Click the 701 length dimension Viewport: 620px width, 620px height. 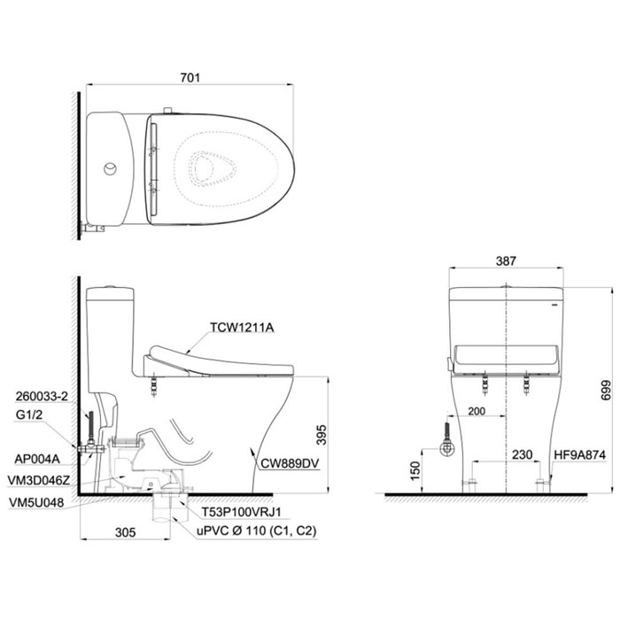(190, 78)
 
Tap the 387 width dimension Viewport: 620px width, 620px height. (506, 261)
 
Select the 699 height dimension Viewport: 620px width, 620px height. (605, 391)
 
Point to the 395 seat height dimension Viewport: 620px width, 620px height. (322, 435)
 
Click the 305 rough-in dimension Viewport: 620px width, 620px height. (126, 532)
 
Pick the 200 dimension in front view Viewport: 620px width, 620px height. (477, 411)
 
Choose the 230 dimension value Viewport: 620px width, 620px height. (523, 454)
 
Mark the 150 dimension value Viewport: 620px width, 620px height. (415, 470)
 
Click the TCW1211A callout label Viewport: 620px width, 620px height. (242, 328)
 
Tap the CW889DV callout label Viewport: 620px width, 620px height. (290, 463)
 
